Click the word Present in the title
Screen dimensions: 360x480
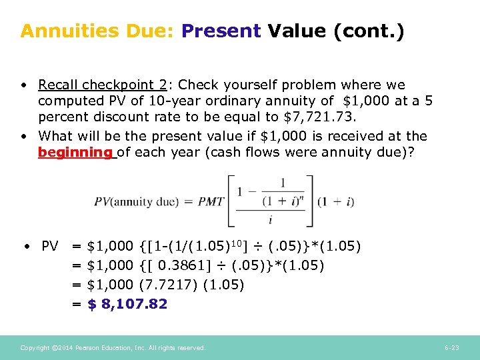tap(221, 31)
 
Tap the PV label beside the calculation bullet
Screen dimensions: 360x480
tap(50, 247)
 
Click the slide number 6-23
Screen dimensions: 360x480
tap(452, 348)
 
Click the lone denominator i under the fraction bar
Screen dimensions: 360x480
tap(271, 217)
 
